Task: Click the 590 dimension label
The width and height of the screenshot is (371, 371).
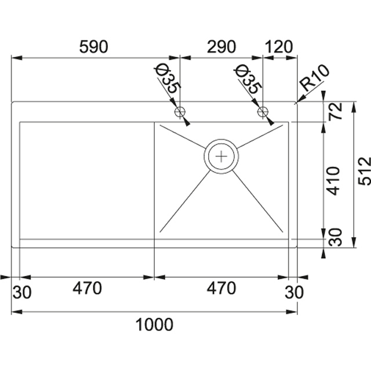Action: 93,46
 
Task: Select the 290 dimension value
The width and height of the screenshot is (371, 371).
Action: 221,46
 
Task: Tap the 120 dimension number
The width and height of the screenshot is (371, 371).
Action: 279,46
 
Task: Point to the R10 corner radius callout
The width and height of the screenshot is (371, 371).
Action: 314,78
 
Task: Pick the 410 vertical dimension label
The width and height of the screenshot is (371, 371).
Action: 333,181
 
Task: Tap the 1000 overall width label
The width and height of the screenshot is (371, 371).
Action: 154,325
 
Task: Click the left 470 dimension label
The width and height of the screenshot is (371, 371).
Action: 87,288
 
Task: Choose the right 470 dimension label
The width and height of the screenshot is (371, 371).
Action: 221,288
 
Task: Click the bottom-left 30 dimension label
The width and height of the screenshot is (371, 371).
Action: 22,292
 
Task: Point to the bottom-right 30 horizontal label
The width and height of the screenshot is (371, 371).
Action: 294,292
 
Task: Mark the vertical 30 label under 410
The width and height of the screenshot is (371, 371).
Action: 336,237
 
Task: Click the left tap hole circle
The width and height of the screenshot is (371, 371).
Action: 180,111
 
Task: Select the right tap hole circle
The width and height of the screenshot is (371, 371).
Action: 263,111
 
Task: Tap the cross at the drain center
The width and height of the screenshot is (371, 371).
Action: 221,156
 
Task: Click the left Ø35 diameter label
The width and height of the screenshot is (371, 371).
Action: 168,79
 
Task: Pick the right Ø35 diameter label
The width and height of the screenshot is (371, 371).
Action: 248,79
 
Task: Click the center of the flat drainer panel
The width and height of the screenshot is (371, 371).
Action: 87,180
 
